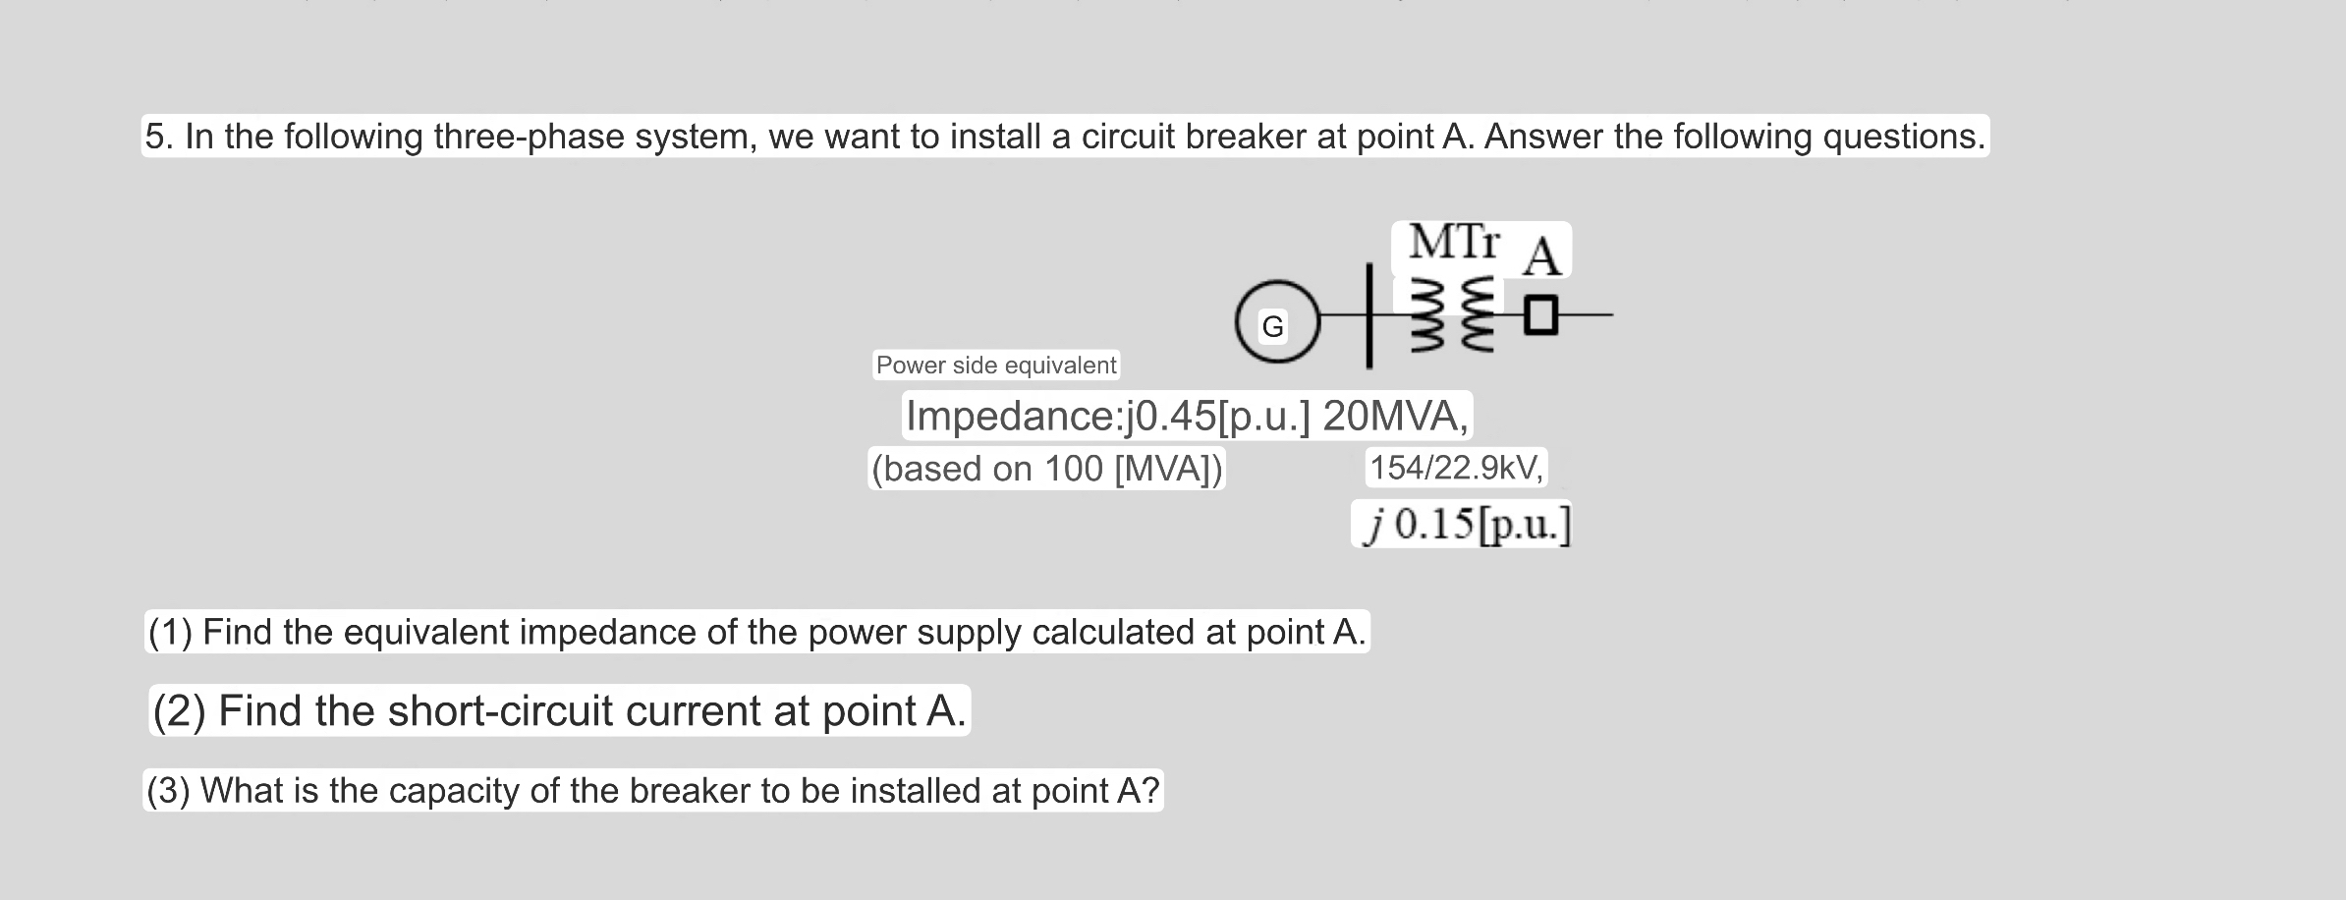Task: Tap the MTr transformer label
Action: point(1454,242)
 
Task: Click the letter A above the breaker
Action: point(1540,257)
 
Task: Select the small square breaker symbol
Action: point(1541,315)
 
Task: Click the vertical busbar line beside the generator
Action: point(1368,316)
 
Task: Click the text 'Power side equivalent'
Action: point(996,366)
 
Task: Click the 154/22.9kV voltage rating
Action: point(1457,468)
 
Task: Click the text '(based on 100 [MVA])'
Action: point(1047,469)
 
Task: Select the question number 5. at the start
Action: point(159,137)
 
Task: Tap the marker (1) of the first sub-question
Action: point(169,632)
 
